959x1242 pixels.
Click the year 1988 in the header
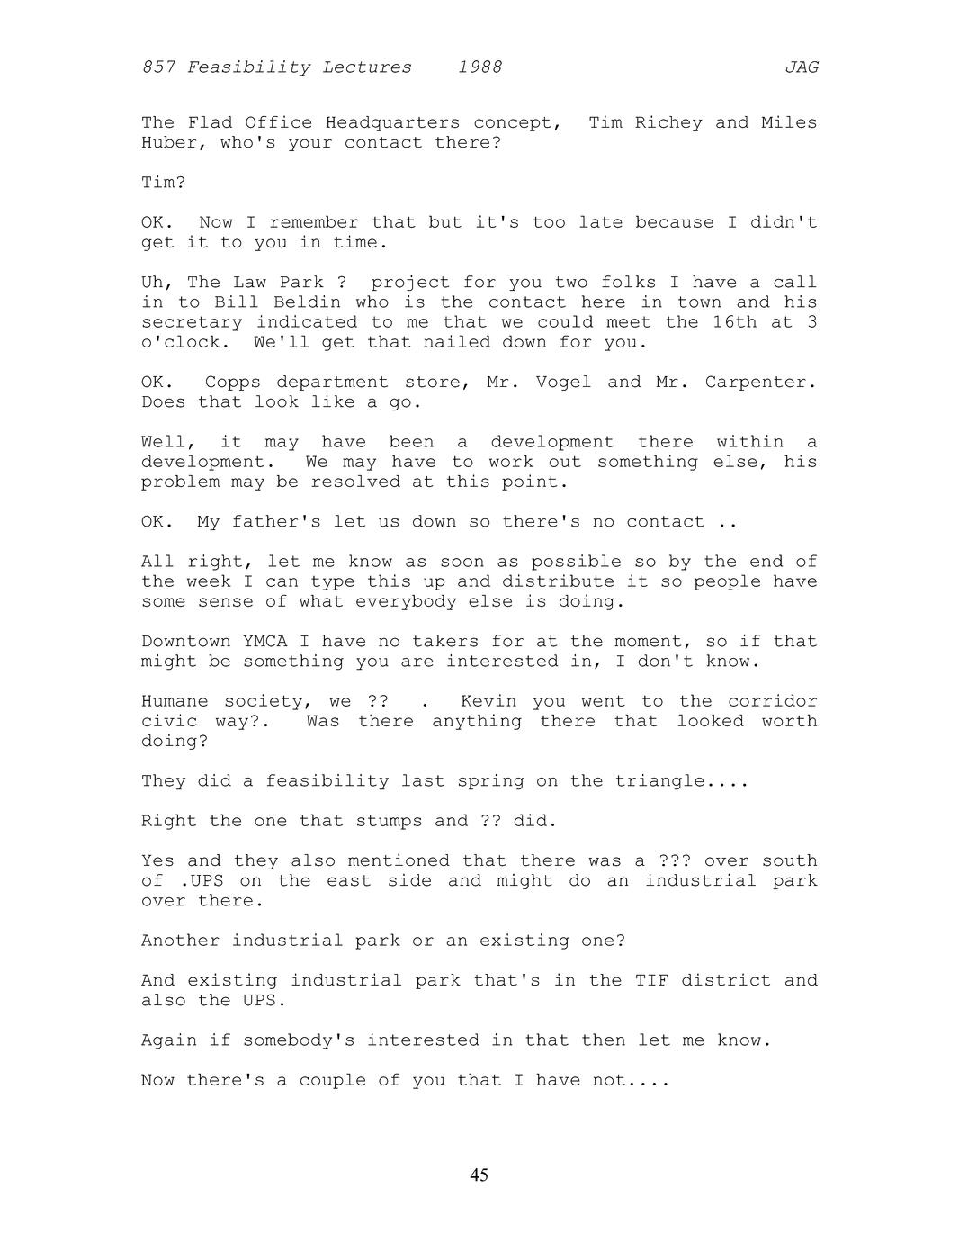point(479,67)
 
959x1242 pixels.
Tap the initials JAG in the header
point(802,67)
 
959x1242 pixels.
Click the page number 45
point(479,1175)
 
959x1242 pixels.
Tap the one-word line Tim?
point(163,183)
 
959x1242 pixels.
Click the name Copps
point(232,382)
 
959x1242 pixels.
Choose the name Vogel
point(563,382)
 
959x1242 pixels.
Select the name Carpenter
point(760,382)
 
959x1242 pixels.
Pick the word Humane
point(175,701)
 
